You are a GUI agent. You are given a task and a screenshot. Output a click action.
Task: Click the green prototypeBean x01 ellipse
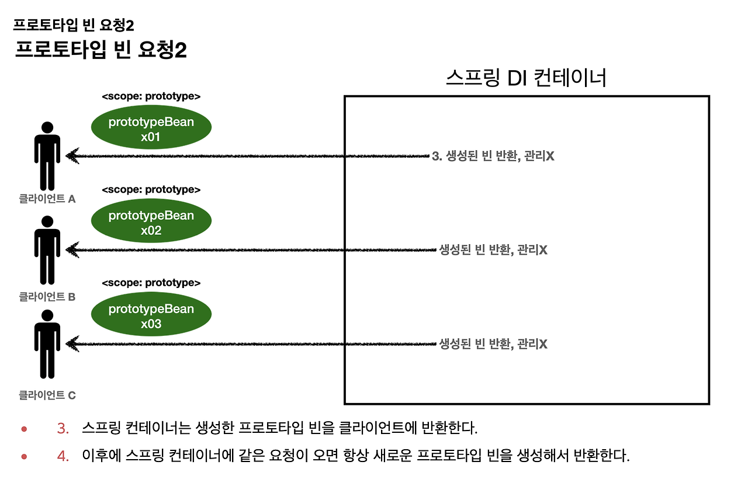pos(151,130)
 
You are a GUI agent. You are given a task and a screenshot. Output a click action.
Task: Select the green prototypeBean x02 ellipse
pos(151,223)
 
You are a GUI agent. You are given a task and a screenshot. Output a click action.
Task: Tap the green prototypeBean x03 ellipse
pos(151,316)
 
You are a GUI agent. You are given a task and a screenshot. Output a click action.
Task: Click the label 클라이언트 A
pos(47,199)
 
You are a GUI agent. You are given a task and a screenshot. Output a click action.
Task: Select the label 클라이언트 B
pos(47,297)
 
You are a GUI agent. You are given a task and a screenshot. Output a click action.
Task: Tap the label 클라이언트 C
pos(47,395)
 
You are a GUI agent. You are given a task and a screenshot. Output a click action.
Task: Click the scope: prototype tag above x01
pos(151,96)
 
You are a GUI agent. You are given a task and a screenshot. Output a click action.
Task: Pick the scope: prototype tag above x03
pos(151,283)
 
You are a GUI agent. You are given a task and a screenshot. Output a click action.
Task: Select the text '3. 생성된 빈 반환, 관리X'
pos(493,157)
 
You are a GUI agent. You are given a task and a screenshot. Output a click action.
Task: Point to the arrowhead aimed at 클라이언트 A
pos(72,156)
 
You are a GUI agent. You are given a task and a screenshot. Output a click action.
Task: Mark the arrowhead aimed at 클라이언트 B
pos(72,250)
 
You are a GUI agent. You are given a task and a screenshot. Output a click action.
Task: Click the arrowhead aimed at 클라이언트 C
pos(72,343)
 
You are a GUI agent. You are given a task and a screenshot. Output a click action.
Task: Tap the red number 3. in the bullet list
pos(63,428)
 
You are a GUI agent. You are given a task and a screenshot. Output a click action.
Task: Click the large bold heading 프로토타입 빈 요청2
pos(101,50)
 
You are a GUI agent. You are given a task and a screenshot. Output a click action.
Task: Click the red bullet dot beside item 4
pos(25,456)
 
